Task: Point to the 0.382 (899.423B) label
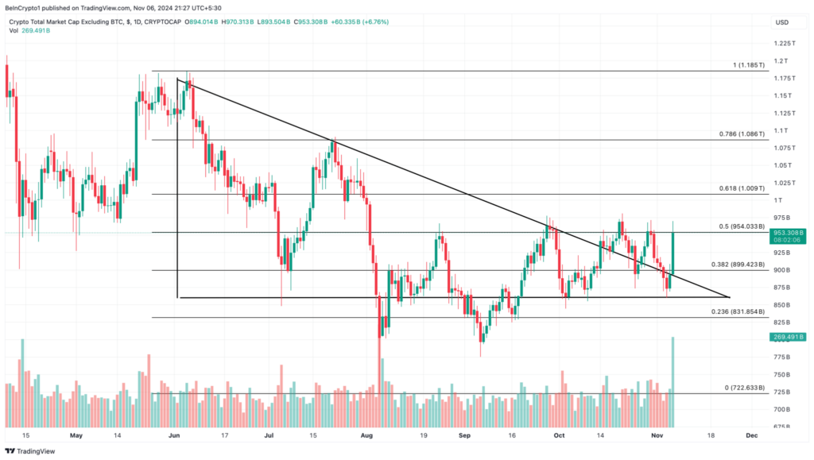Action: coord(737,265)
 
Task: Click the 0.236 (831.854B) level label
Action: coord(737,312)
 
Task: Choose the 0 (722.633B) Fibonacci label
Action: coord(742,388)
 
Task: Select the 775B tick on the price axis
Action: coord(783,358)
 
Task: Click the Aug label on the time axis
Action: coord(366,435)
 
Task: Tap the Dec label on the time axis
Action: coord(751,435)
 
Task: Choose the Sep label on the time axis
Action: coord(466,435)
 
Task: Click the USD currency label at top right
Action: coord(781,21)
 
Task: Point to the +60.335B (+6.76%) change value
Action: coord(360,21)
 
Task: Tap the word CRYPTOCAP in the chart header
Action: coord(162,21)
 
